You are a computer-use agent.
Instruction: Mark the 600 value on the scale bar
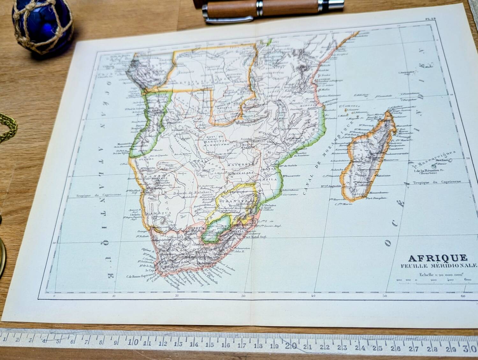(x=467, y=280)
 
